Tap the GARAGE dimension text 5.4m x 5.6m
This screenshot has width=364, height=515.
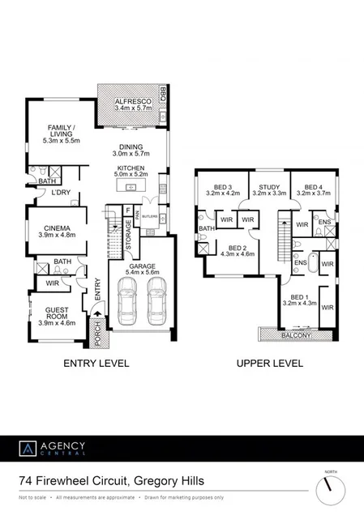click(x=140, y=272)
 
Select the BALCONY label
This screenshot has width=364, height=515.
click(x=297, y=334)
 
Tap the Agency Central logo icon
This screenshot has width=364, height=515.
click(x=28, y=449)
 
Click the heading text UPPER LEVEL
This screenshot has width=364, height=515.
click(x=270, y=364)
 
